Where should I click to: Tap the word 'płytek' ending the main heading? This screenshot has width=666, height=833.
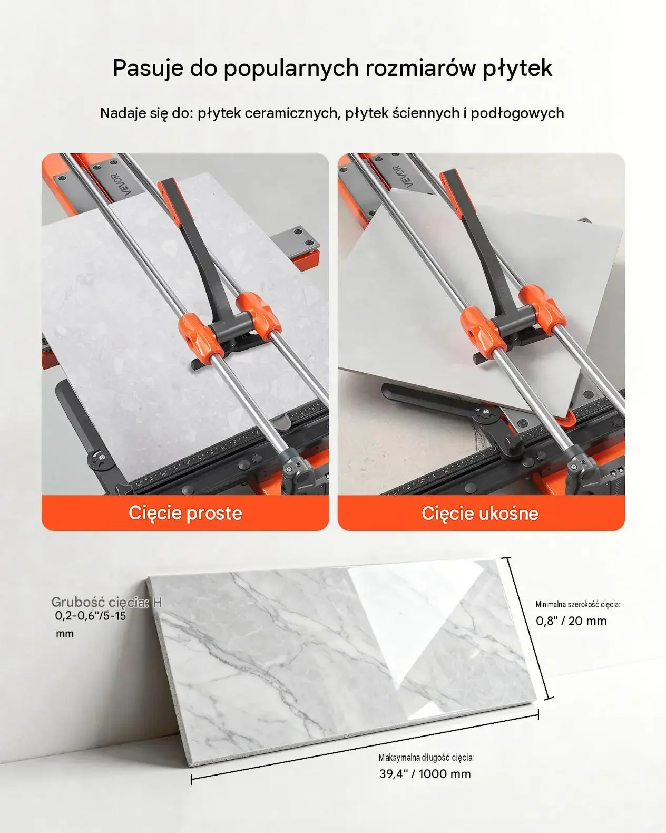point(517,69)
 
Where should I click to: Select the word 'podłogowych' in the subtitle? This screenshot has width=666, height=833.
point(517,113)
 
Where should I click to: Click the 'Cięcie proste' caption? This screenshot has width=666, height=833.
point(185,514)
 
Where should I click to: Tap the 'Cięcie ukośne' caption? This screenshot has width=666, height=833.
point(480,514)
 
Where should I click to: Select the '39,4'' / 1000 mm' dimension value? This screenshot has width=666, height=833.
point(425,774)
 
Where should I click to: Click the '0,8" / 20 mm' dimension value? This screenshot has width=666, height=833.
point(571,621)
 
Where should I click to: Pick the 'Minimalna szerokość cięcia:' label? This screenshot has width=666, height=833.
point(578,604)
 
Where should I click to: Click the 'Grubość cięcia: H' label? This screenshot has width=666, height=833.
point(106,602)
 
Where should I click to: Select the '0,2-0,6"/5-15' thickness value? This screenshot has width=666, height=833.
point(91,616)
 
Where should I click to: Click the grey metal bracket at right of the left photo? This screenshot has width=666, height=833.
point(299,240)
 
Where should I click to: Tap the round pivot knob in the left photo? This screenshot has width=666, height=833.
point(100,459)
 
